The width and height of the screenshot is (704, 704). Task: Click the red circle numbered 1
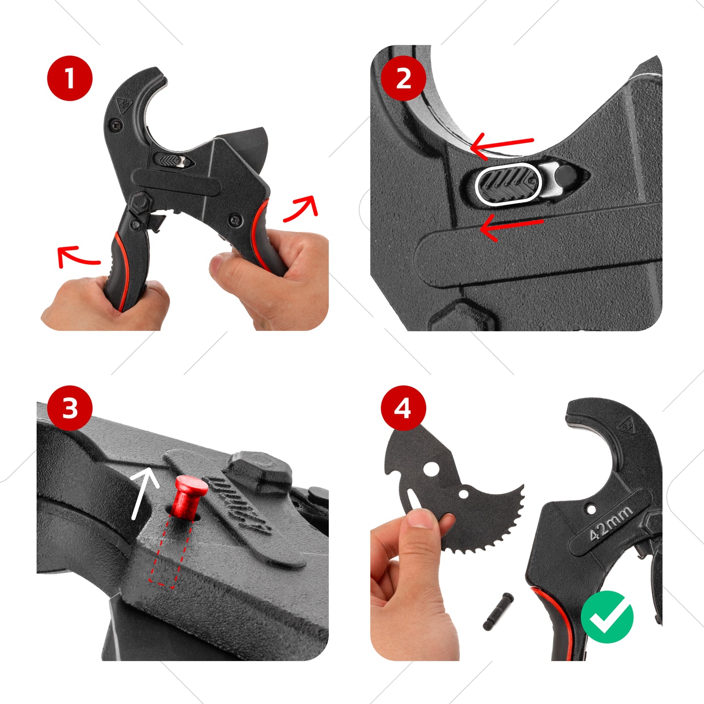pos(70,78)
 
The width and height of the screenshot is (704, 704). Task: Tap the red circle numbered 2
pos(403,78)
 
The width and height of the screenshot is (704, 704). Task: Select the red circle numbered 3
pos(70,408)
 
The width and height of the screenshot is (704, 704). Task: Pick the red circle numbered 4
pos(403,408)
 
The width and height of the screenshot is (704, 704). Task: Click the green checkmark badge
pos(607,617)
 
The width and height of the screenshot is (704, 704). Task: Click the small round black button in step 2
pos(565,174)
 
